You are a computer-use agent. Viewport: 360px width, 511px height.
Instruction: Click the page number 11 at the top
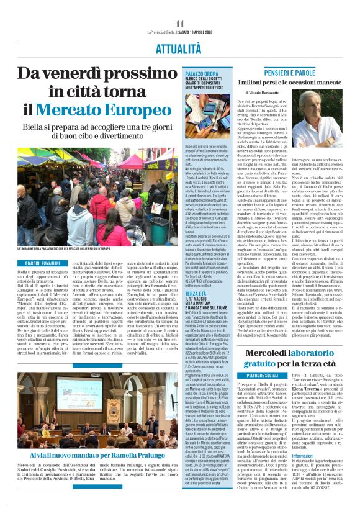[x=180, y=24]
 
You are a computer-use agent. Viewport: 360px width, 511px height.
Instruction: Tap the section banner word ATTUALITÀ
[x=180, y=47]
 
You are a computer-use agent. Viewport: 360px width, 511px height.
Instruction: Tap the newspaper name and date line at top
[x=179, y=33]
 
